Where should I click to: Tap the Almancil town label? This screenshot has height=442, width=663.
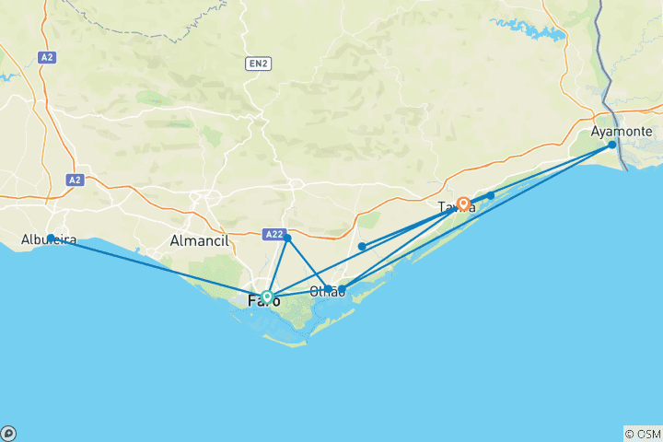pyautogui.click(x=196, y=241)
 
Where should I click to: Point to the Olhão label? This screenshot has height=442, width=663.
pyautogui.click(x=326, y=292)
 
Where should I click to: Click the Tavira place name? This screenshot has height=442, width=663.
pyautogui.click(x=457, y=206)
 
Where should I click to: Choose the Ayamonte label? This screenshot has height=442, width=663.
pyautogui.click(x=622, y=132)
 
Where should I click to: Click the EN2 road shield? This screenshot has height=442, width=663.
pyautogui.click(x=258, y=64)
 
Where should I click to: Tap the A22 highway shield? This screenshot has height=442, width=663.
pyautogui.click(x=273, y=235)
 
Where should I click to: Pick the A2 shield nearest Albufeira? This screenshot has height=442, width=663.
pyautogui.click(x=75, y=180)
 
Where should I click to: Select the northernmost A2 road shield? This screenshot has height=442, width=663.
pyautogui.click(x=48, y=57)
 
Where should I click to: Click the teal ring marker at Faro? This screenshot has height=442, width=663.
pyautogui.click(x=267, y=297)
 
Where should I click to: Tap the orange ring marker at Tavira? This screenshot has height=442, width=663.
pyautogui.click(x=464, y=204)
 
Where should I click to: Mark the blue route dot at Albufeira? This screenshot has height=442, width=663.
pyautogui.click(x=51, y=238)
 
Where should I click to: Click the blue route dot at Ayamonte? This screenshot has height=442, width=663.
pyautogui.click(x=612, y=145)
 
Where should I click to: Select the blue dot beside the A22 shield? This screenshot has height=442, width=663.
pyautogui.click(x=287, y=238)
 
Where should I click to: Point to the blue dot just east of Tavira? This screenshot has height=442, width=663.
pyautogui.click(x=491, y=195)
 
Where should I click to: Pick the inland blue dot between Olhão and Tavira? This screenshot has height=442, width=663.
pyautogui.click(x=363, y=246)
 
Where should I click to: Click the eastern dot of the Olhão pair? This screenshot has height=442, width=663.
pyautogui.click(x=342, y=289)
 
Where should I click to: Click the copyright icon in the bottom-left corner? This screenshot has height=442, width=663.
pyautogui.click(x=8, y=433)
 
